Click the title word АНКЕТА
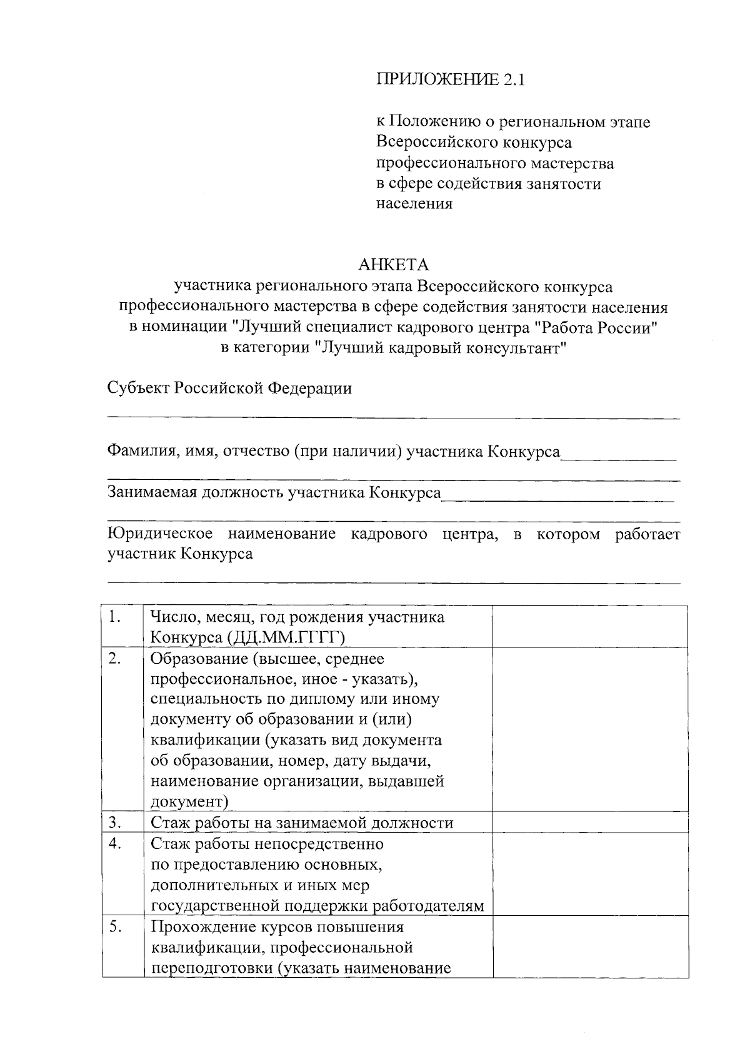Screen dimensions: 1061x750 click(393, 265)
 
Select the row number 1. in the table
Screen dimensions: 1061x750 click(114, 617)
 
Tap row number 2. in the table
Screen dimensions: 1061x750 click(114, 659)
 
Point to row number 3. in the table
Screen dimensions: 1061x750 click(114, 822)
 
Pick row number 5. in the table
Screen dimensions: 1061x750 click(114, 926)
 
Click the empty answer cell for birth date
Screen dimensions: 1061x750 click(589, 626)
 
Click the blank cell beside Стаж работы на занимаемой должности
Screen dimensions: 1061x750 click(589, 822)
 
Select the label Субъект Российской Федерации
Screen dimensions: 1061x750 click(229, 388)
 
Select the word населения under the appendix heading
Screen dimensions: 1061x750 click(414, 204)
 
